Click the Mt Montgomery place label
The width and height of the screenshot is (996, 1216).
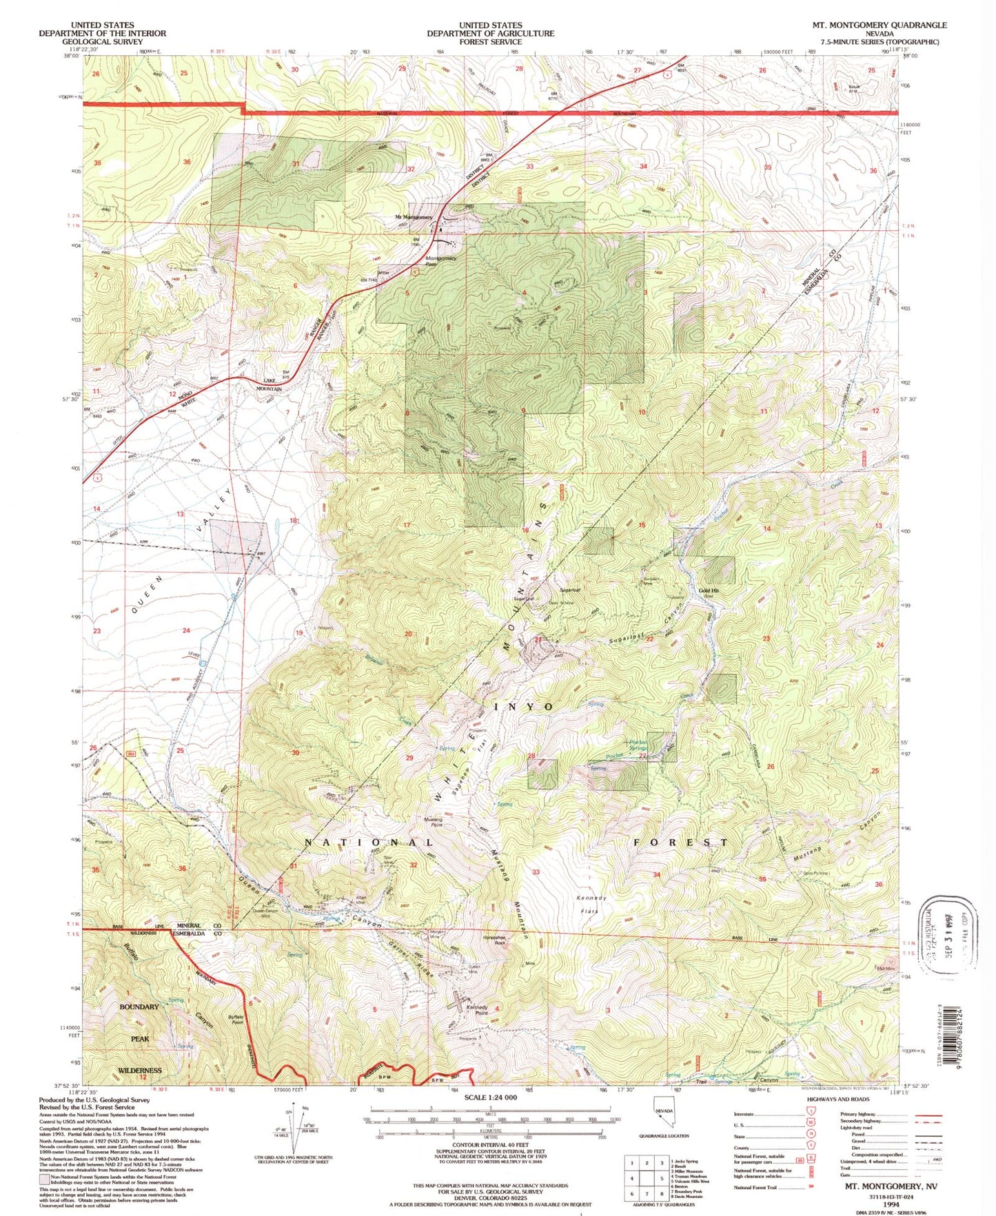click(x=414, y=217)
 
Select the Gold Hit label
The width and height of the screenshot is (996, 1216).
click(x=709, y=590)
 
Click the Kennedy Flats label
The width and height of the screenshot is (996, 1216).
click(x=591, y=904)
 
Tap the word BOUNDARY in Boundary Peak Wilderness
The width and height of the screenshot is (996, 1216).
click(x=139, y=1007)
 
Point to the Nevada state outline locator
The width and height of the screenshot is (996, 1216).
click(x=663, y=1115)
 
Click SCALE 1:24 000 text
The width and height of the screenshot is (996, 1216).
click(x=490, y=1097)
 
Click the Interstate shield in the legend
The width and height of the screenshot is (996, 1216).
click(x=810, y=1114)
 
